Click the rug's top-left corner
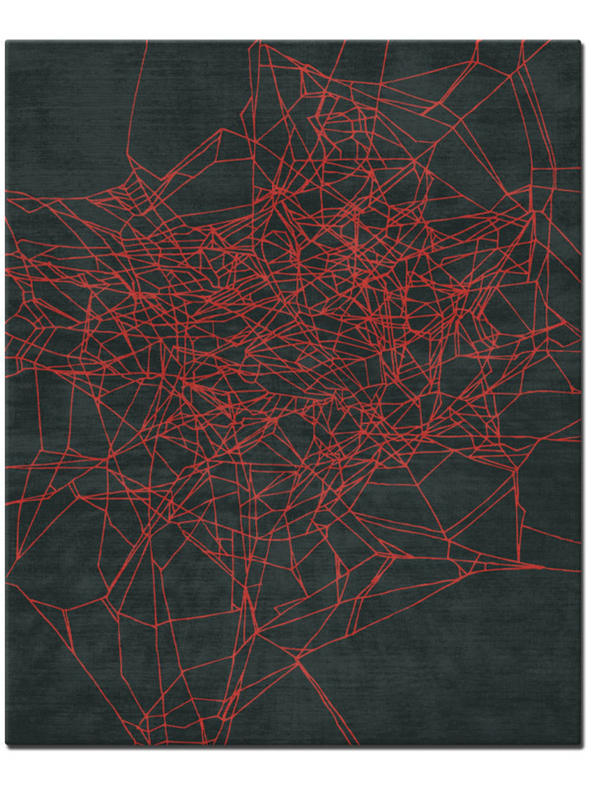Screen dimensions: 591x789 [7, 41]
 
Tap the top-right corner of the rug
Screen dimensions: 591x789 [580, 41]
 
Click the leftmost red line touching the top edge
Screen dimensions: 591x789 [146, 42]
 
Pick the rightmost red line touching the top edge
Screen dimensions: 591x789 [549, 42]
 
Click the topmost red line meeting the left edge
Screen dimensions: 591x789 [7, 191]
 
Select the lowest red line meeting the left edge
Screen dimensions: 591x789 [7, 581]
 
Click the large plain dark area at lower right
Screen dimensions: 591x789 [473, 657]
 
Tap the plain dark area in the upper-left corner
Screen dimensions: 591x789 [66, 112]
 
